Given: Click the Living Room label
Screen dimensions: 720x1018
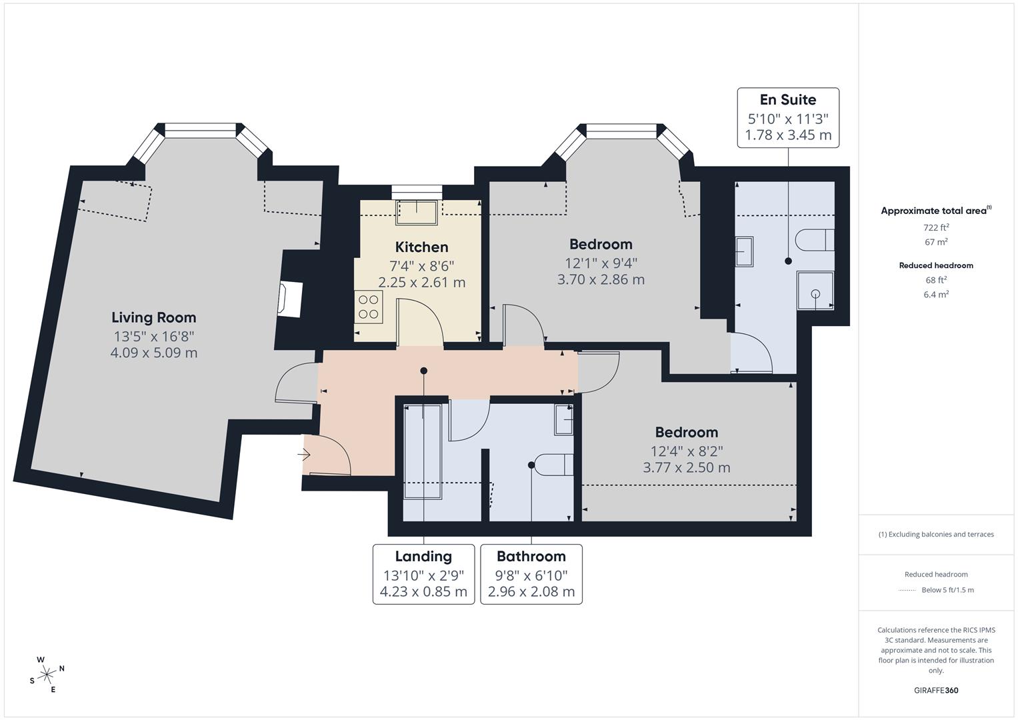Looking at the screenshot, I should point(153,317).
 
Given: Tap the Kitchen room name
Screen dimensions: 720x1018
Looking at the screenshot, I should point(421,247).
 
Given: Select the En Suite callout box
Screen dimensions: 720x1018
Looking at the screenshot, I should point(787,117).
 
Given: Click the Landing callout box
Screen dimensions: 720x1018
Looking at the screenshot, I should point(423,574).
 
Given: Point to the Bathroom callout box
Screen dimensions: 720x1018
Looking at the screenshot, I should point(531,574).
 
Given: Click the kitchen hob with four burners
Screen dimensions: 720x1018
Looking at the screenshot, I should point(368,307).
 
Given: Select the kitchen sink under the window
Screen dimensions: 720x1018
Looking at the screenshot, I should point(417,212).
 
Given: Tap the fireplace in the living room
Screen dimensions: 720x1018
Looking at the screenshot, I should point(291,299).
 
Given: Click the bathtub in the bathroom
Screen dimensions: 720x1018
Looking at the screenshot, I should point(423,451).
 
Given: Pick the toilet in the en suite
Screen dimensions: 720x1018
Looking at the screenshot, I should point(815,239).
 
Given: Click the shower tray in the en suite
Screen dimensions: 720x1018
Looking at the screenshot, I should point(815,291).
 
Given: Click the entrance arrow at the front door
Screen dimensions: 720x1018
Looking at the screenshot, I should point(304,455).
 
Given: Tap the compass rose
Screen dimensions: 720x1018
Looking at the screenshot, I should point(47,675).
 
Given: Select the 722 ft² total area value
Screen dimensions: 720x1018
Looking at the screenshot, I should point(936,227).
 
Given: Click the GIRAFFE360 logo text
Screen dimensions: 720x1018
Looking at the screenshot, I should point(936,690).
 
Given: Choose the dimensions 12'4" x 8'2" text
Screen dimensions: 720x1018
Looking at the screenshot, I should point(686,451).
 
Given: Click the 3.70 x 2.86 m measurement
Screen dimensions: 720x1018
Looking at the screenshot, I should point(601,279).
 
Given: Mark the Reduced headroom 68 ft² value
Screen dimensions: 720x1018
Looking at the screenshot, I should point(936,280).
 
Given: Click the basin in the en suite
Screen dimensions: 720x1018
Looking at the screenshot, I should point(744,252).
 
